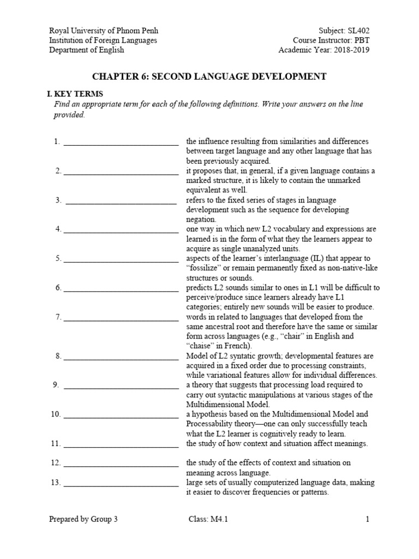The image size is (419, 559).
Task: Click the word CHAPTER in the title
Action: click(116, 76)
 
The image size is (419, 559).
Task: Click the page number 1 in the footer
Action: click(368, 520)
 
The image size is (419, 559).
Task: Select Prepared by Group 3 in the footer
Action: click(83, 520)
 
